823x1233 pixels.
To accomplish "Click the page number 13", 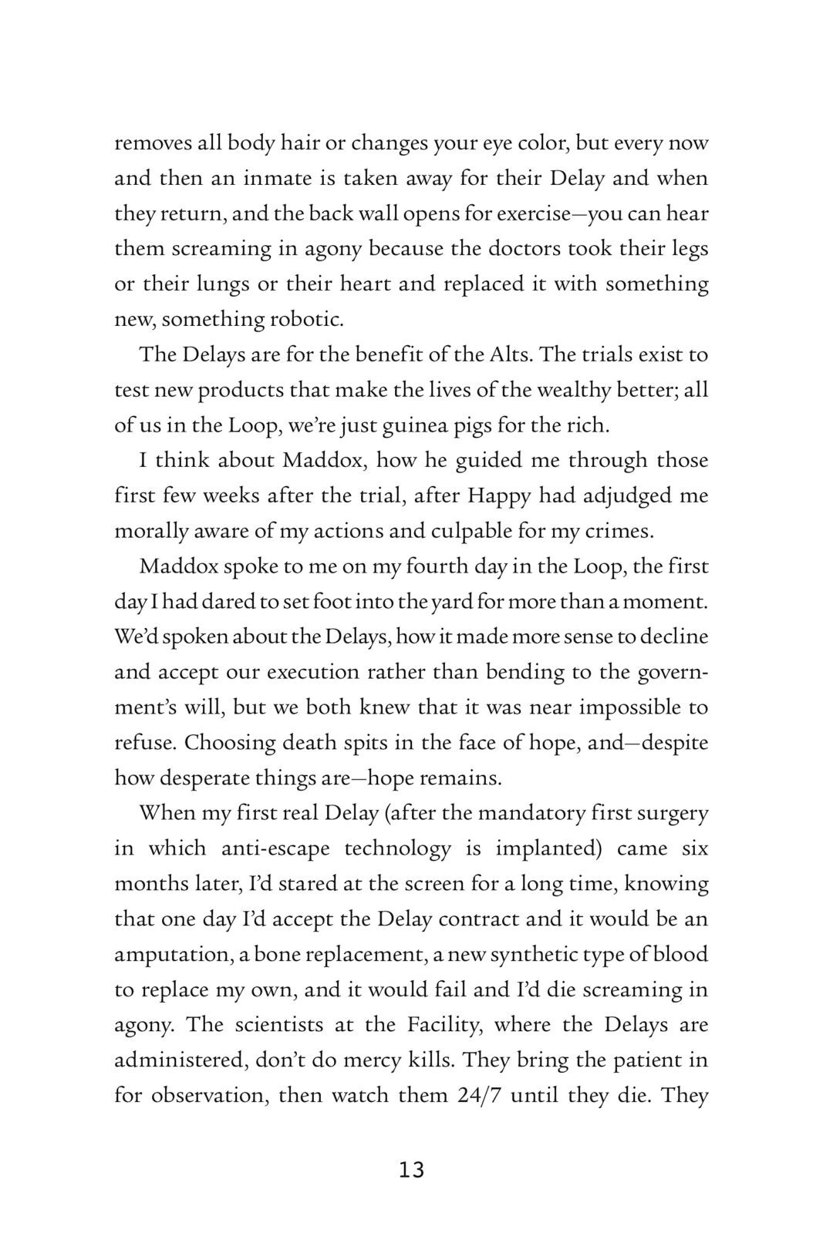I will coord(412,1170).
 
